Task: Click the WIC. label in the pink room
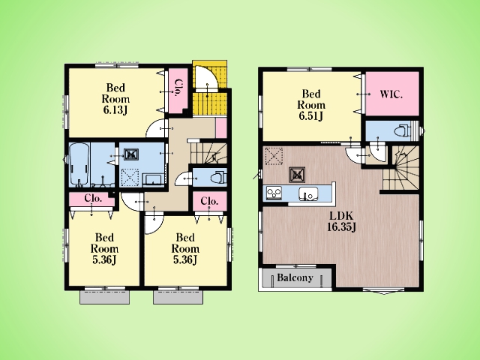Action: pyautogui.click(x=391, y=94)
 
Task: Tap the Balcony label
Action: pyautogui.click(x=295, y=277)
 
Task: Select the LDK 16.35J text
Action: pyautogui.click(x=341, y=221)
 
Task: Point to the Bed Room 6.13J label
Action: pyautogui.click(x=115, y=98)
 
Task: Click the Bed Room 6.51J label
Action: pyautogui.click(x=311, y=105)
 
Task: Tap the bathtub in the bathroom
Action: pyautogui.click(x=79, y=165)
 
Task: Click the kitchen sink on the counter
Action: pyautogui.click(x=308, y=193)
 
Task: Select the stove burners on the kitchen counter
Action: pyautogui.click(x=274, y=193)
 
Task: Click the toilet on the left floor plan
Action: pyautogui.click(x=219, y=177)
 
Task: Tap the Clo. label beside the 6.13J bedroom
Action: pyautogui.click(x=178, y=88)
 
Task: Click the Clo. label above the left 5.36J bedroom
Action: pyautogui.click(x=93, y=198)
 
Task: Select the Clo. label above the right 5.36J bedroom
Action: pyautogui.click(x=209, y=201)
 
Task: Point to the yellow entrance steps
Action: pyautogui.click(x=210, y=88)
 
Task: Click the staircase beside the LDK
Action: pyautogui.click(x=400, y=168)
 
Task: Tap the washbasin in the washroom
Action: pyautogui.click(x=154, y=179)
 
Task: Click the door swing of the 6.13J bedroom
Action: pyautogui.click(x=157, y=128)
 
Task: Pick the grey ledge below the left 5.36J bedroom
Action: pyautogui.click(x=104, y=297)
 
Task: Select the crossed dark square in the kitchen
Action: pyautogui.click(x=297, y=175)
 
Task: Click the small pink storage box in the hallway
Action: pyautogui.click(x=221, y=128)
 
